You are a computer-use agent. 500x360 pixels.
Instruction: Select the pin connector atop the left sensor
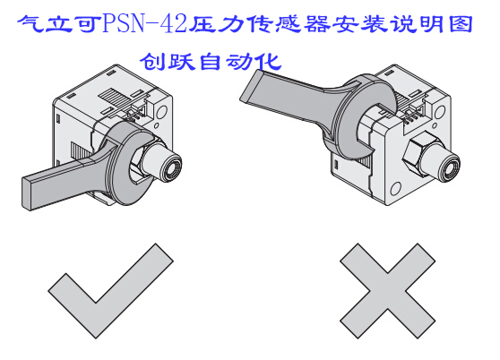coord(131,108)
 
